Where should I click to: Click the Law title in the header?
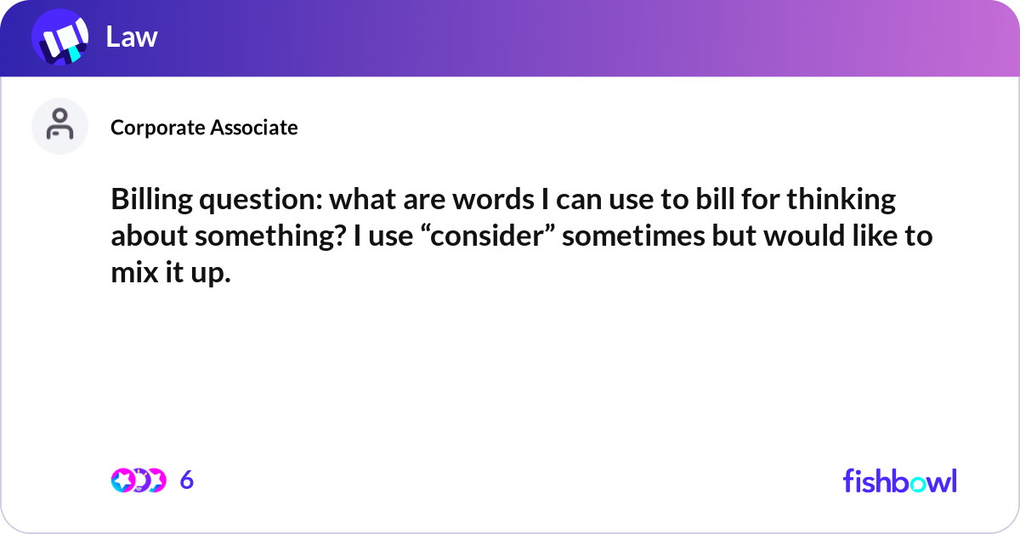click(x=132, y=37)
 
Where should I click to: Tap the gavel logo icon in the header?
click(x=60, y=38)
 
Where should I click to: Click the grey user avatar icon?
click(x=60, y=126)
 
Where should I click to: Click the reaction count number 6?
click(x=187, y=480)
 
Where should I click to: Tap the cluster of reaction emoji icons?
click(x=138, y=480)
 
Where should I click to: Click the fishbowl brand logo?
click(x=899, y=480)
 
